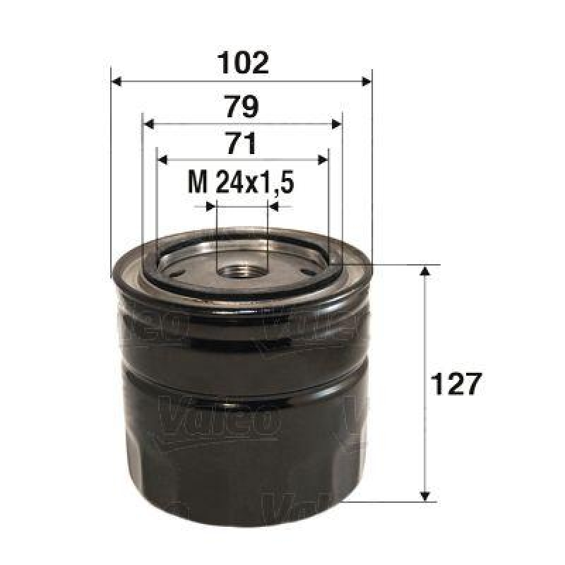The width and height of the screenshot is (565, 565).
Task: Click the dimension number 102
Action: click(241, 63)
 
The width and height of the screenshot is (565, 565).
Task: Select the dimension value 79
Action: click(241, 107)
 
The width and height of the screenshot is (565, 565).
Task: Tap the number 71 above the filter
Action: click(241, 144)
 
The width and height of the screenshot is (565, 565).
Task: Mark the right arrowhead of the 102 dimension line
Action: click(365, 81)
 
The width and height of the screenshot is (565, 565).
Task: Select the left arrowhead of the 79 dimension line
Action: click(148, 124)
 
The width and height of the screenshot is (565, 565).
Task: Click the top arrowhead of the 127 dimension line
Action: click(424, 272)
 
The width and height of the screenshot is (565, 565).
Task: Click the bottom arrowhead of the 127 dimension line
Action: click(424, 495)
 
